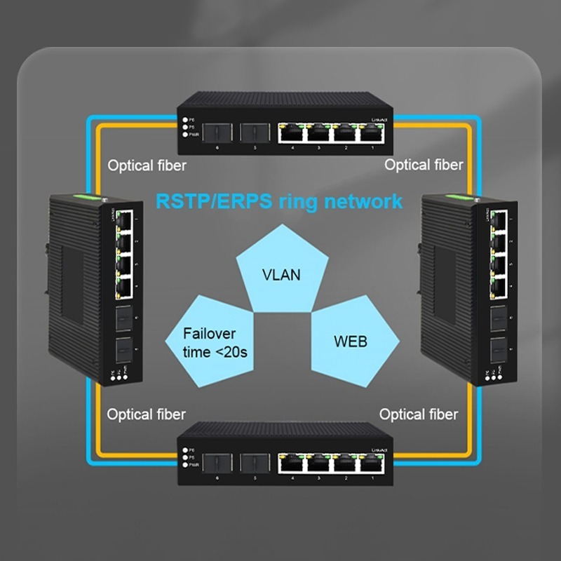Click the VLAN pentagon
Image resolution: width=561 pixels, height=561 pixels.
pos(280,270)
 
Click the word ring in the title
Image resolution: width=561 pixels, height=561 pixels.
pos(296,201)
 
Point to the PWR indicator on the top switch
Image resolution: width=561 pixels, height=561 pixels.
pos(184,134)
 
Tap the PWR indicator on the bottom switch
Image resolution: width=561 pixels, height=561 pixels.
pos(184,465)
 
